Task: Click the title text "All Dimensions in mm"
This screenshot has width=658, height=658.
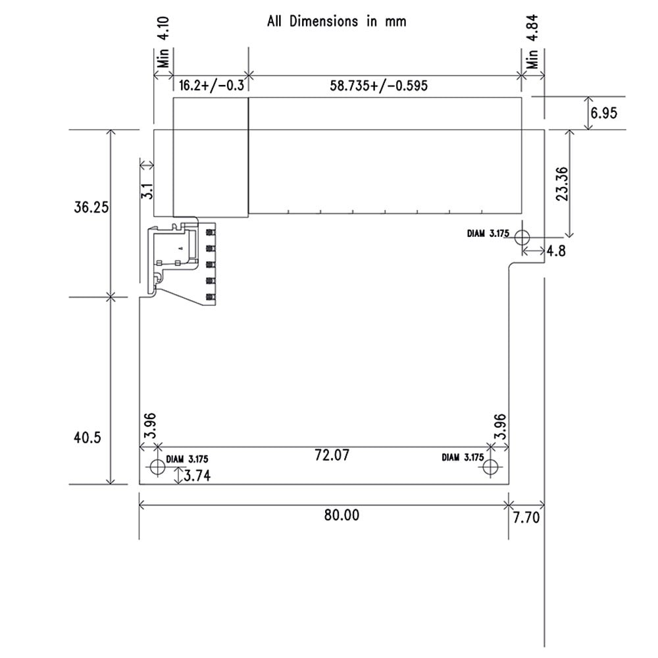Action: tap(336, 21)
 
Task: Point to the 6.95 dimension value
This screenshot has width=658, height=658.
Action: tap(603, 113)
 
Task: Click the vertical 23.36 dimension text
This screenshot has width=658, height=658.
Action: tap(561, 184)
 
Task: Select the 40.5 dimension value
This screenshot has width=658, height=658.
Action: tap(87, 438)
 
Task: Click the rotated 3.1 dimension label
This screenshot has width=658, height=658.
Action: tap(148, 191)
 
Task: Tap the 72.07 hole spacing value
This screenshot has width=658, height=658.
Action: tap(332, 454)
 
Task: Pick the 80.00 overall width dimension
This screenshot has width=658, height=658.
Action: tap(342, 515)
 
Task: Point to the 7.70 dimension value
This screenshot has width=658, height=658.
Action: tap(526, 518)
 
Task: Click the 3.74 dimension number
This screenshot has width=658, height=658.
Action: tap(197, 476)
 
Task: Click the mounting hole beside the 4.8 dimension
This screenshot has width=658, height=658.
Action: tap(522, 238)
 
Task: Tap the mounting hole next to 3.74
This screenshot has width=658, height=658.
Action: tap(157, 467)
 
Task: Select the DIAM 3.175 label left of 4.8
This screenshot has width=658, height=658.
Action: tap(487, 233)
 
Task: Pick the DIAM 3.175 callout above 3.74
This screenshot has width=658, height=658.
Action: tap(188, 460)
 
